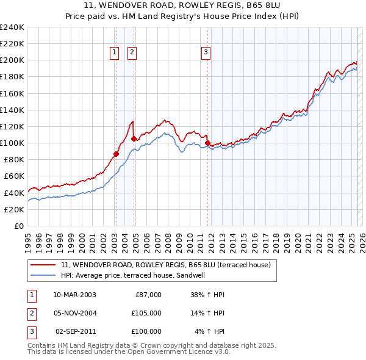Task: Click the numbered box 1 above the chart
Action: (x=115, y=52)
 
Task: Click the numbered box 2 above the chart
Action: (x=132, y=52)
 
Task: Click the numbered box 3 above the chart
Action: (x=206, y=52)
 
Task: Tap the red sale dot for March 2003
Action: (x=116, y=154)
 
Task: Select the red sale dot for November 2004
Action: (x=134, y=139)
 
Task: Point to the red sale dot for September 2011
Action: (x=207, y=143)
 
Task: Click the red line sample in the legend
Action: (x=43, y=265)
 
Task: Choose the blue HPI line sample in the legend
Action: (x=43, y=275)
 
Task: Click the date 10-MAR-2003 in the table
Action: (x=74, y=295)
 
